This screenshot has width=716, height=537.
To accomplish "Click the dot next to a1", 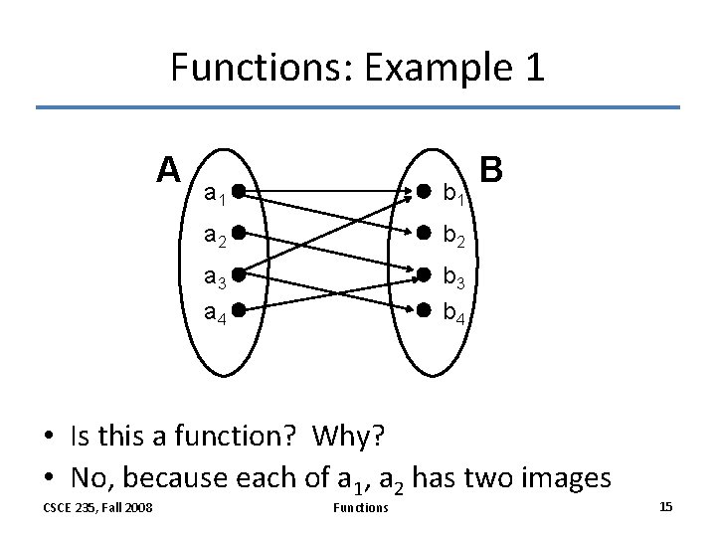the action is tap(240, 188).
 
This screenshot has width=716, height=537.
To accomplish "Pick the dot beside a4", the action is tap(240, 308).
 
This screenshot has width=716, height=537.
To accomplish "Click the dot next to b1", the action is tap(424, 188).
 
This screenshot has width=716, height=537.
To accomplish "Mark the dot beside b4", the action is tap(424, 308).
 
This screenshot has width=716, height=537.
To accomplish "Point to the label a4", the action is tap(215, 315).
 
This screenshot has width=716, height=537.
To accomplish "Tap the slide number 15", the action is tap(666, 507).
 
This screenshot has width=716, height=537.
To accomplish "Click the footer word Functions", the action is tap(360, 508).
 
